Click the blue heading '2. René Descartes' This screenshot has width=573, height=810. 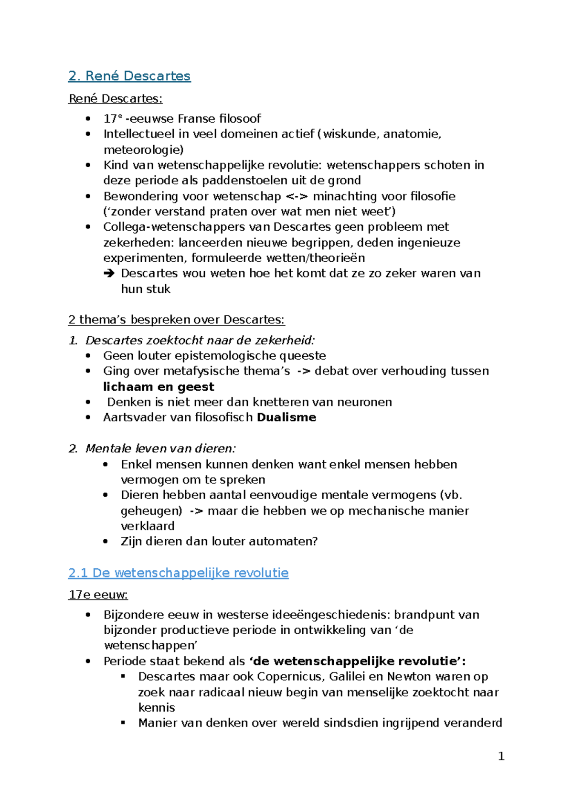tap(129, 76)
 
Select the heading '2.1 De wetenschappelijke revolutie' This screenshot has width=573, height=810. tap(178, 573)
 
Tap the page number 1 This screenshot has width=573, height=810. tap(501, 756)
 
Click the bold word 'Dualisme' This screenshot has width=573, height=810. tap(286, 417)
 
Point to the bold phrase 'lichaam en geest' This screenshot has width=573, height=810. tap(159, 387)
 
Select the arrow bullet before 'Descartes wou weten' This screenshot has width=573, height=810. tap(109, 274)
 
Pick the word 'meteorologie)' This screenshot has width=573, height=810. tap(143, 150)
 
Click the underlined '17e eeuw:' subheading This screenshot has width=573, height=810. tap(98, 595)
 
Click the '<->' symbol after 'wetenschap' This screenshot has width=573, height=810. tap(297, 196)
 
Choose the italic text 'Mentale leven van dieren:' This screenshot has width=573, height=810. tap(160, 448)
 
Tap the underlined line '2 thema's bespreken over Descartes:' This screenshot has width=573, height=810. tap(176, 320)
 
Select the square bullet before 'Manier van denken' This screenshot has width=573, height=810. tap(123, 723)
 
